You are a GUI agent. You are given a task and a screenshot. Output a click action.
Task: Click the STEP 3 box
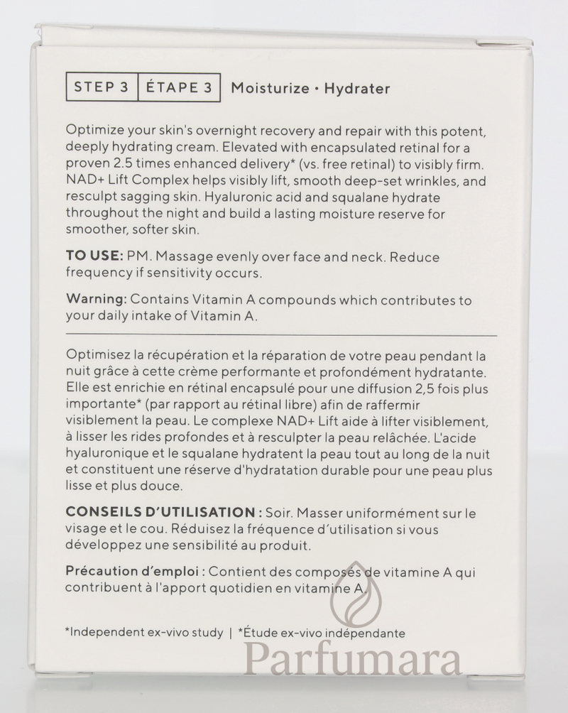[x=101, y=88]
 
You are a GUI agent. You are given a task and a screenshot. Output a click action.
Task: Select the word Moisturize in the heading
[x=269, y=89]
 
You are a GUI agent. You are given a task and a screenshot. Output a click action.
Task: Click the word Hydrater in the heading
[x=357, y=89]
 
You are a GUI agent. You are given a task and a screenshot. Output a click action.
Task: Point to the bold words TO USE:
[x=94, y=256]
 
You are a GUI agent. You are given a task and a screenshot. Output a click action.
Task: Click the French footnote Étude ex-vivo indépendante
[x=324, y=633]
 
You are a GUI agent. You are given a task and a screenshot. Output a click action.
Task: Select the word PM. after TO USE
[x=139, y=256]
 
